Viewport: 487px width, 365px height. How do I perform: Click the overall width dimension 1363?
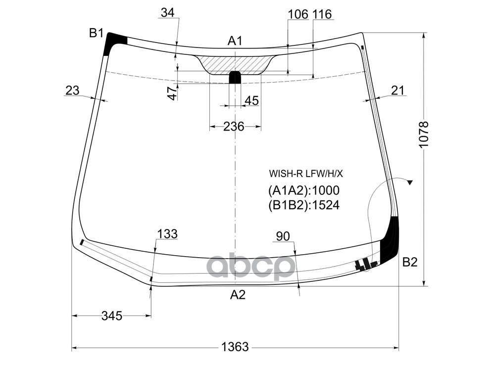pyautogui.click(x=235, y=347)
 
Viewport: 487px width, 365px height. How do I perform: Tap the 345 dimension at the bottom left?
pyautogui.click(x=112, y=316)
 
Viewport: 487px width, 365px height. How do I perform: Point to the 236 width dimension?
pyautogui.click(x=234, y=127)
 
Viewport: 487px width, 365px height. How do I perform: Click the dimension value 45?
pyautogui.click(x=251, y=100)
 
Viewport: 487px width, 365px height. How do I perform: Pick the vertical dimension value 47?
pyautogui.click(x=172, y=93)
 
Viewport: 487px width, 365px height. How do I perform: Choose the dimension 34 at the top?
pyautogui.click(x=167, y=13)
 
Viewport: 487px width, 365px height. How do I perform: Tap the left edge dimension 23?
pyautogui.click(x=72, y=91)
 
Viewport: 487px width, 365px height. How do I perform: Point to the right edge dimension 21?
pyautogui.click(x=397, y=91)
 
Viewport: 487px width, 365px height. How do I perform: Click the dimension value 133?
pyautogui.click(x=167, y=234)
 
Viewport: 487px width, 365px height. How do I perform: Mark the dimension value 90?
pyautogui.click(x=283, y=236)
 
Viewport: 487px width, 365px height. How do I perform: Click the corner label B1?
pyautogui.click(x=96, y=33)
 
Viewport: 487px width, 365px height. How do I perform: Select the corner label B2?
pyautogui.click(x=409, y=262)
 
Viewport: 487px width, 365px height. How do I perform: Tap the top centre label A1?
pyautogui.click(x=235, y=41)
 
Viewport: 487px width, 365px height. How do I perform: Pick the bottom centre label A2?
pyautogui.click(x=238, y=295)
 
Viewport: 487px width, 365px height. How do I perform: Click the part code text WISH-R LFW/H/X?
pyautogui.click(x=306, y=174)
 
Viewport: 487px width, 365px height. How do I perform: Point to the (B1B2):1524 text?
pyautogui.click(x=304, y=205)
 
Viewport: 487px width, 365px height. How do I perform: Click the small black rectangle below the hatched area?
pyautogui.click(x=235, y=77)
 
